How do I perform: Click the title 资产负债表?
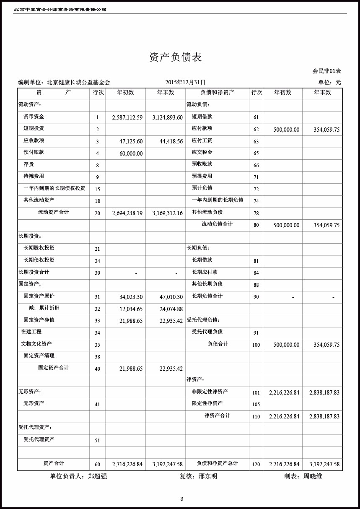click(x=176, y=57)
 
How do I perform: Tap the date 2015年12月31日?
click(x=185, y=83)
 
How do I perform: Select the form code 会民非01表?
click(x=326, y=71)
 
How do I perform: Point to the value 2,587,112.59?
click(x=127, y=117)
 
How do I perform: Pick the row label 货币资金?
click(x=34, y=117)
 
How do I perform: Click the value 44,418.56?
click(x=171, y=142)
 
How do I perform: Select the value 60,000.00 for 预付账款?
click(x=131, y=154)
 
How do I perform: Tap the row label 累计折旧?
click(x=44, y=308)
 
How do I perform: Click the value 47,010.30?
click(x=171, y=297)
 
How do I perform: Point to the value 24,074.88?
click(x=171, y=309)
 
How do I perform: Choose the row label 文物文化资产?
click(x=36, y=344)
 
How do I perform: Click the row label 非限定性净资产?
click(x=210, y=392)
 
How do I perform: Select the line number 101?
click(x=256, y=393)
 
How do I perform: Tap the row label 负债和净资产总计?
click(x=217, y=463)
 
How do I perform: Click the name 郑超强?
click(x=98, y=476)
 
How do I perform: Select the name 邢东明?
click(x=207, y=476)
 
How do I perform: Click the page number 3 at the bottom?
click(x=182, y=499)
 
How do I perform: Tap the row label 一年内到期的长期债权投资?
click(x=54, y=188)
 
